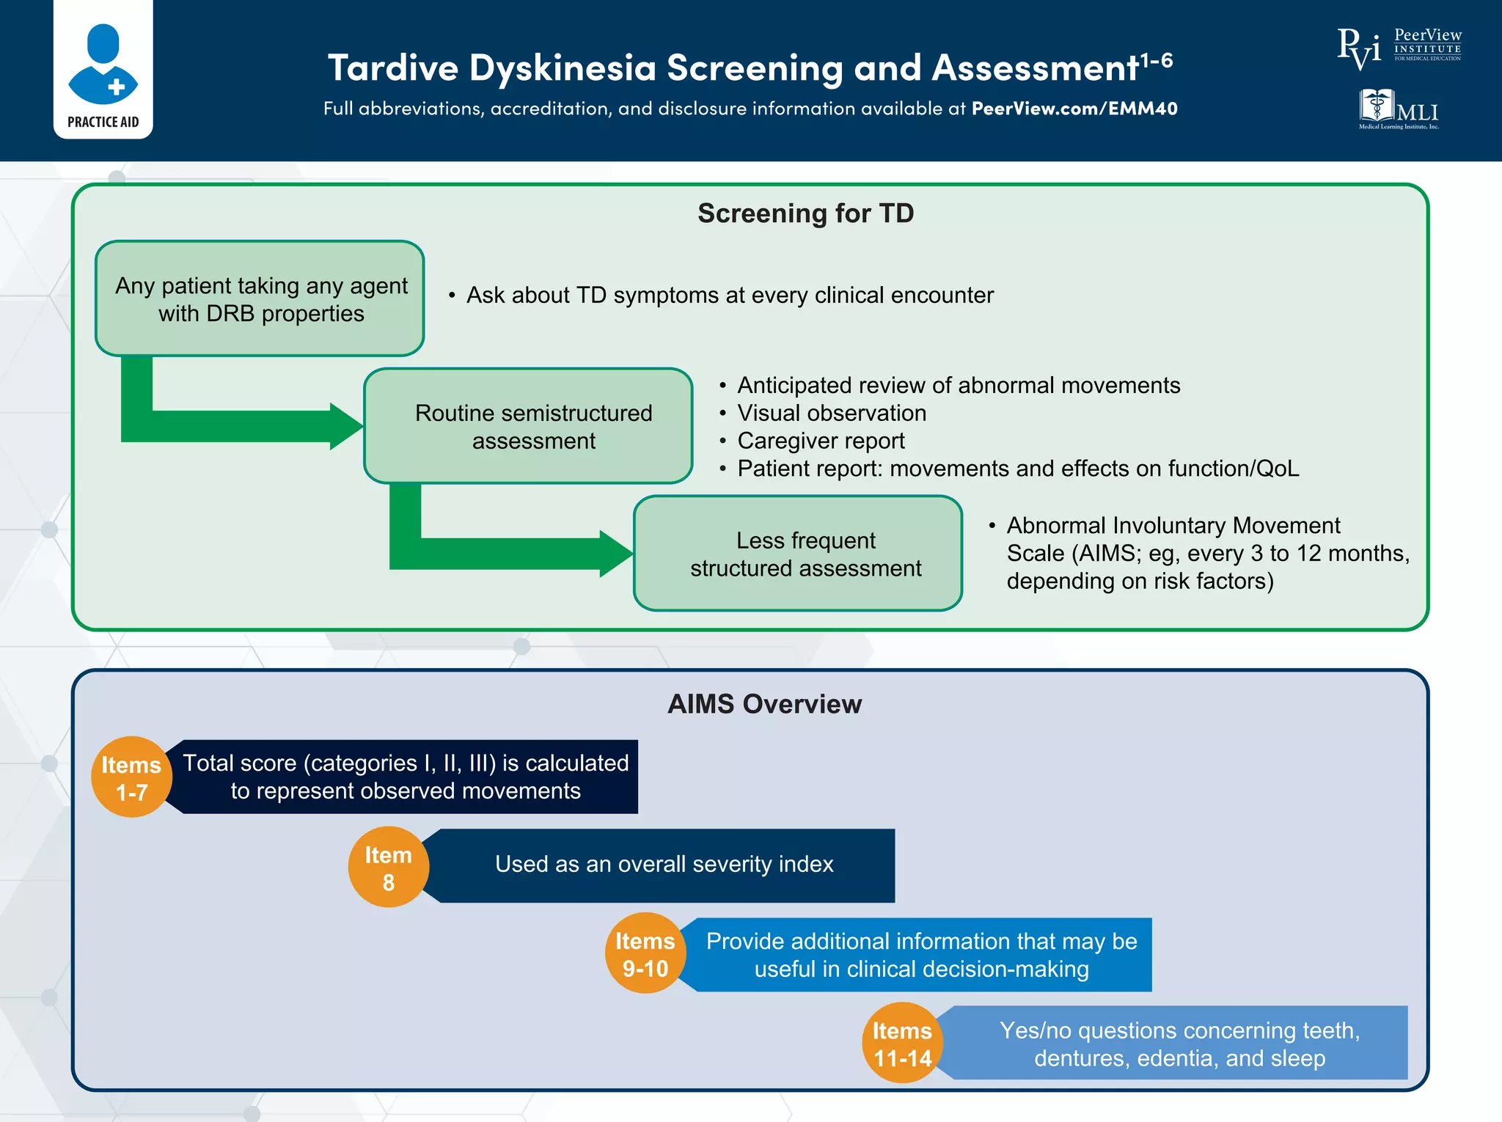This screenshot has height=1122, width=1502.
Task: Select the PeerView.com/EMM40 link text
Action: tap(1074, 109)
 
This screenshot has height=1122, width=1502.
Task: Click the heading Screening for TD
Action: tap(805, 213)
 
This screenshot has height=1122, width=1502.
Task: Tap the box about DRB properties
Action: tap(260, 299)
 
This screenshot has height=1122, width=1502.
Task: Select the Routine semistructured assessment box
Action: tap(529, 426)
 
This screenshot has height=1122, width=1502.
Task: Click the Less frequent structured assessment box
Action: tap(798, 554)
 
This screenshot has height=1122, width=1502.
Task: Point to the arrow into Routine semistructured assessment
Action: tap(242, 426)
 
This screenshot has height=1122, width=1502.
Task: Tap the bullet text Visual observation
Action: tap(832, 413)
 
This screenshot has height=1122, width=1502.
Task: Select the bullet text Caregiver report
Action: tap(821, 441)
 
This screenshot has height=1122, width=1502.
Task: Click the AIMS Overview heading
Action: tap(764, 704)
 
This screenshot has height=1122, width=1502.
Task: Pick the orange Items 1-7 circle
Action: tap(131, 777)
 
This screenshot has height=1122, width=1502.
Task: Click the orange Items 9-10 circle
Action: tap(645, 953)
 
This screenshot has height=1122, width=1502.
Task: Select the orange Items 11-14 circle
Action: tap(901, 1043)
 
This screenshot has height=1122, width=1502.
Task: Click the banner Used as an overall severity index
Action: tap(664, 865)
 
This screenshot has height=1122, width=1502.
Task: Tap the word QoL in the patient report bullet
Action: tap(1277, 469)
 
